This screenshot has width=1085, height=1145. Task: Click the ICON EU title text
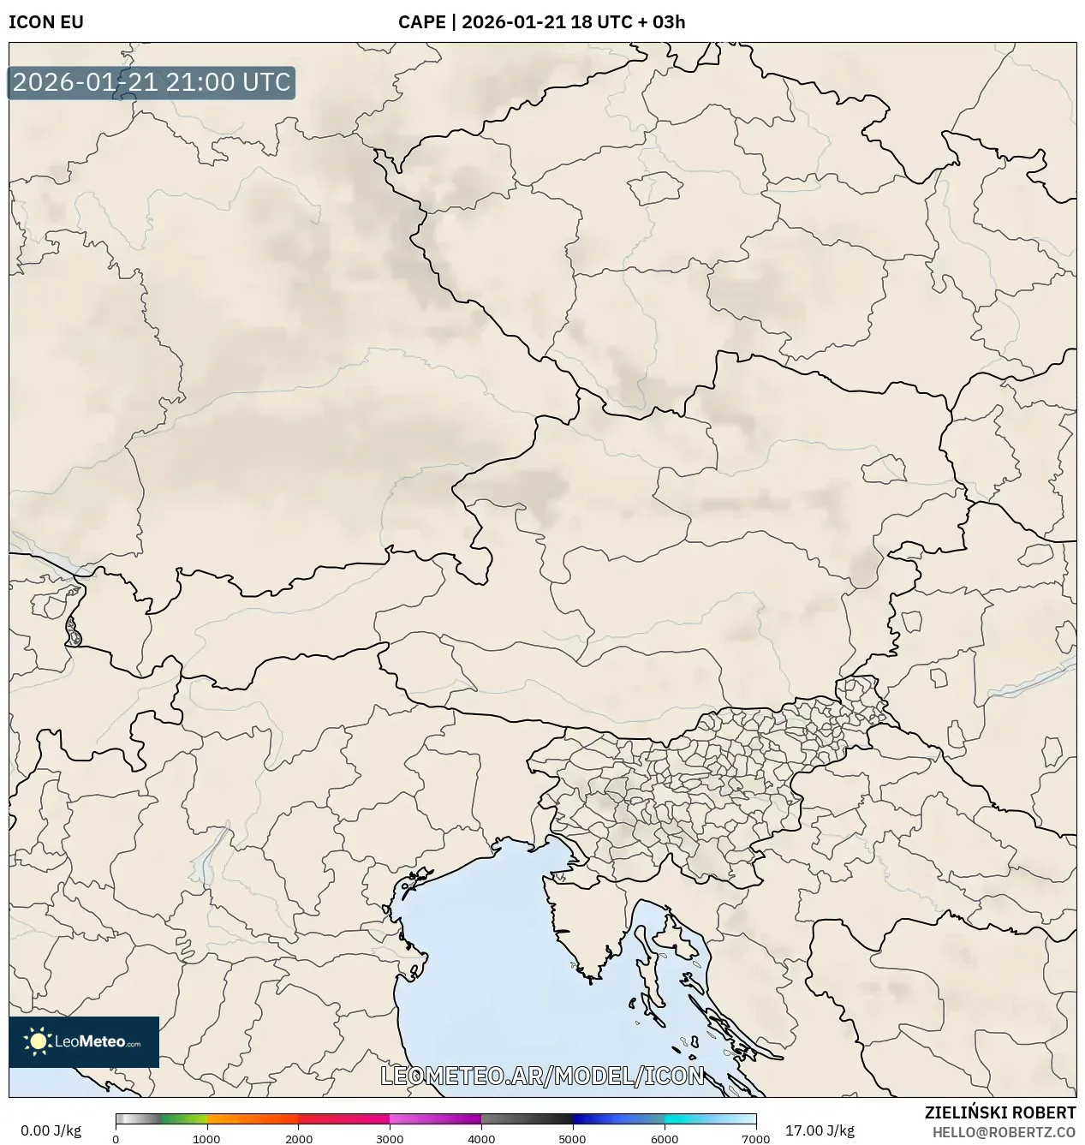coord(46,22)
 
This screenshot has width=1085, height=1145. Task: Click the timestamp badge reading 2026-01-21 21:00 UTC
coord(152,82)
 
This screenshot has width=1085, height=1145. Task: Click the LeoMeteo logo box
coord(84,1041)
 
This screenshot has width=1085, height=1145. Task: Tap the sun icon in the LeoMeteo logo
coord(38,1041)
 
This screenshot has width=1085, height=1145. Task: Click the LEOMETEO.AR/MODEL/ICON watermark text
coord(542,1076)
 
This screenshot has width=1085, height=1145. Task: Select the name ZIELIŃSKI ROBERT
coord(1000,1112)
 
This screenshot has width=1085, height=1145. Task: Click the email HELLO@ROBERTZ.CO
coord(1004,1131)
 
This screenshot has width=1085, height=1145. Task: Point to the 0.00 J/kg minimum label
coord(51,1130)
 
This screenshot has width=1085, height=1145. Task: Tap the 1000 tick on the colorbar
coord(206,1139)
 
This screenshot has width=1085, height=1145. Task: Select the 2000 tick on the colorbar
coord(298,1139)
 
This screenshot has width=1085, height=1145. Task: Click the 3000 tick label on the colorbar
coord(390,1139)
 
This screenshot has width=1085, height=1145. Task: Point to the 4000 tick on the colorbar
coord(481,1139)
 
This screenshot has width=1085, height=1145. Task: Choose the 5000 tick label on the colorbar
coord(572,1139)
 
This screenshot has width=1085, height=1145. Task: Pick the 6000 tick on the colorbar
coord(664,1139)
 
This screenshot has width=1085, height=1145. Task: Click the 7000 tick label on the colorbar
coord(755,1139)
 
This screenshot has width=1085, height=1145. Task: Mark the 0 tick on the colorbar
coord(116,1139)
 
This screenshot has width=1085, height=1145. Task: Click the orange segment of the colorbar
coord(253,1119)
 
